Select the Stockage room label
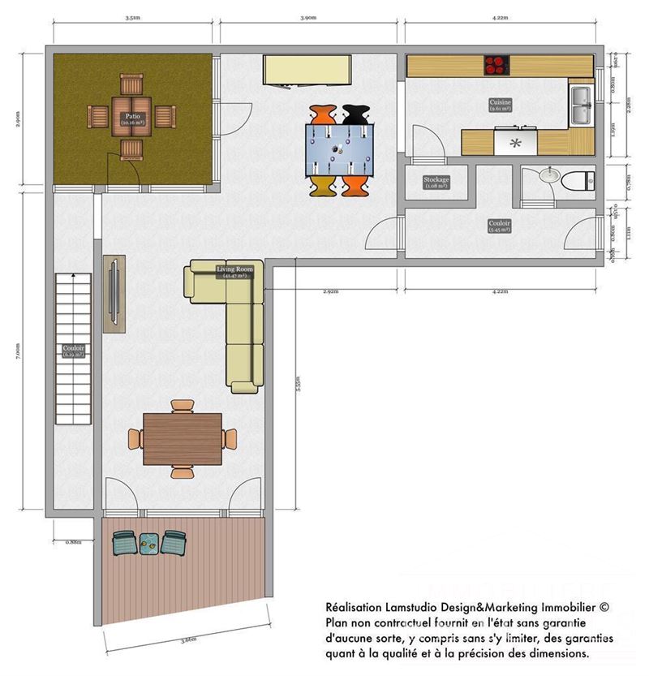tap(436, 183)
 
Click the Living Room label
tap(234, 272)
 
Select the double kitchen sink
tap(581, 105)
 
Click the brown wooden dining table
tap(182, 438)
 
